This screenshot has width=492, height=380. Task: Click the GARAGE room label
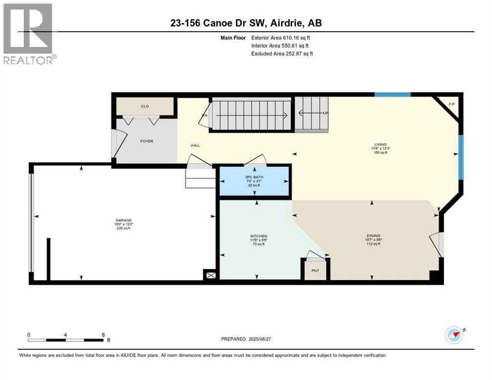click(x=124, y=221)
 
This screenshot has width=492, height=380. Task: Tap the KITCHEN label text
click(x=258, y=236)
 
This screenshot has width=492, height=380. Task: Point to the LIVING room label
click(x=380, y=144)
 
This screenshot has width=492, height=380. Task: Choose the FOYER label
click(x=147, y=141)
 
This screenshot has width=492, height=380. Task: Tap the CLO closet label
click(x=145, y=106)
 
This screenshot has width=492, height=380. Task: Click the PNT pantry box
click(x=315, y=271)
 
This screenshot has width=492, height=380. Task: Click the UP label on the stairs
click(x=326, y=113)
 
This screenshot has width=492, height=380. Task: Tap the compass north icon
click(x=454, y=335)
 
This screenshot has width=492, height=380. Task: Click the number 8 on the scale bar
click(x=102, y=334)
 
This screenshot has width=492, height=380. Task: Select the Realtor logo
click(x=29, y=34)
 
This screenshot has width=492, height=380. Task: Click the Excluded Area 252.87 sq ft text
click(x=282, y=53)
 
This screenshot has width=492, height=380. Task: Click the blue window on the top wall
click(x=392, y=95)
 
